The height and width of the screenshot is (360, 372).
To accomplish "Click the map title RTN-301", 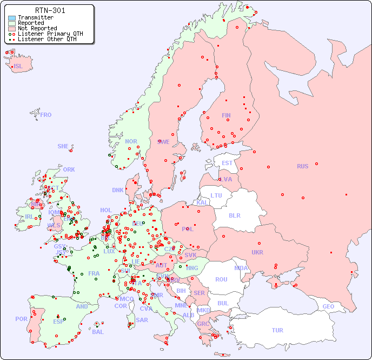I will (50, 10).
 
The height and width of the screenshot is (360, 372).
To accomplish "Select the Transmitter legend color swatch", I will (12, 18).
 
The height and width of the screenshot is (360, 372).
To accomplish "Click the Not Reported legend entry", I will (37, 28).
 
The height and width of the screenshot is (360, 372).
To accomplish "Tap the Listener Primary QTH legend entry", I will (50, 34).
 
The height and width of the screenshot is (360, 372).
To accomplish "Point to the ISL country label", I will (18, 67).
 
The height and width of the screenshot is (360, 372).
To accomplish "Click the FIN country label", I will (226, 115).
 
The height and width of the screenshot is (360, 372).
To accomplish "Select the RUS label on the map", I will (302, 166).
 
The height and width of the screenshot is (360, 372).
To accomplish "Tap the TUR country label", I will (277, 330).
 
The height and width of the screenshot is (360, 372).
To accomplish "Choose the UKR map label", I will (257, 252).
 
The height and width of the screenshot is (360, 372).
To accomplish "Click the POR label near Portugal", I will (21, 319).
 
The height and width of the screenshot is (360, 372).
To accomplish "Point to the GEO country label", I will (328, 306).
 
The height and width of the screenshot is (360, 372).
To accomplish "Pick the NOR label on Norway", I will (131, 141).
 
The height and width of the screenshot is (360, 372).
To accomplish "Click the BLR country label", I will (234, 215).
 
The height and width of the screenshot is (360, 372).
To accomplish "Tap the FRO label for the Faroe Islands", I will (46, 115).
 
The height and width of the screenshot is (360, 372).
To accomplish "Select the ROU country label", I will (221, 279).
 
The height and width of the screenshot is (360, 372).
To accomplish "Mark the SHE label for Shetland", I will (63, 146).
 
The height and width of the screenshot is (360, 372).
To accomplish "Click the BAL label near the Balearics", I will (97, 332).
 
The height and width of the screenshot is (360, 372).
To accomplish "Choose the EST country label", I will (227, 163).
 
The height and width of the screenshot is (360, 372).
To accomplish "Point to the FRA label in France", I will (94, 273).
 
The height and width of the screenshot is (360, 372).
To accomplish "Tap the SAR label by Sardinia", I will (142, 320).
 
